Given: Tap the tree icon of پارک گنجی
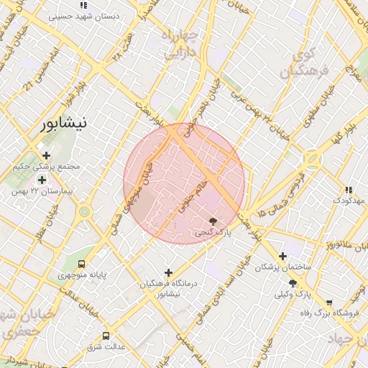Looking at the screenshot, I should [x=213, y=221].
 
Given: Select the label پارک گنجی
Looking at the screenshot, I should [x=213, y=233].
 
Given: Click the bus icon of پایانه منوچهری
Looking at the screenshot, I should [x=81, y=264].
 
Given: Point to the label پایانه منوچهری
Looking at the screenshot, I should [x=81, y=275].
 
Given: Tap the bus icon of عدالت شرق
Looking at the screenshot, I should [x=106, y=336].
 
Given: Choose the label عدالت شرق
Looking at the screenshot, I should [x=106, y=347].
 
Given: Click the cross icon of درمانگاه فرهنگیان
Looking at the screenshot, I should [x=169, y=272].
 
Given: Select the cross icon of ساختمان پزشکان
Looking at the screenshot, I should [x=282, y=256].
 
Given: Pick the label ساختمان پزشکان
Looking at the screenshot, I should [x=282, y=267].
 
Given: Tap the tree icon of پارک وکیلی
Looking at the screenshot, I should [x=293, y=283].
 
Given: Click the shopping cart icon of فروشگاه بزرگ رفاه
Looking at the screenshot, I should [x=329, y=303].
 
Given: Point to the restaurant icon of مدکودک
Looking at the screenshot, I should [x=349, y=190].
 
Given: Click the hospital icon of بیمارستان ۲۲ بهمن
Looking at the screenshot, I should [x=42, y=180].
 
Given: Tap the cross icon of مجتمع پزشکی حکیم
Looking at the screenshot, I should [x=46, y=155].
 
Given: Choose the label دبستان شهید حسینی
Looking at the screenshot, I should [x=84, y=15].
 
